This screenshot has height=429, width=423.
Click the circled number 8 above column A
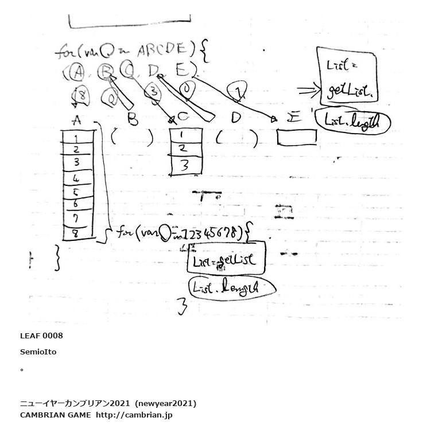82,96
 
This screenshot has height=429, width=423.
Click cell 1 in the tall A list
77,138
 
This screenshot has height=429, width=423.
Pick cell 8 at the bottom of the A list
77,233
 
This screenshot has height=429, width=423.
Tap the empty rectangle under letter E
296,138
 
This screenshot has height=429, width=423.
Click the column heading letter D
235,118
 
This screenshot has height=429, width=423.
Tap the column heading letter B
132,119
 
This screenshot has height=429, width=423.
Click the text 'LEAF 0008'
41,336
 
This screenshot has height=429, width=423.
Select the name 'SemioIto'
38,352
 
